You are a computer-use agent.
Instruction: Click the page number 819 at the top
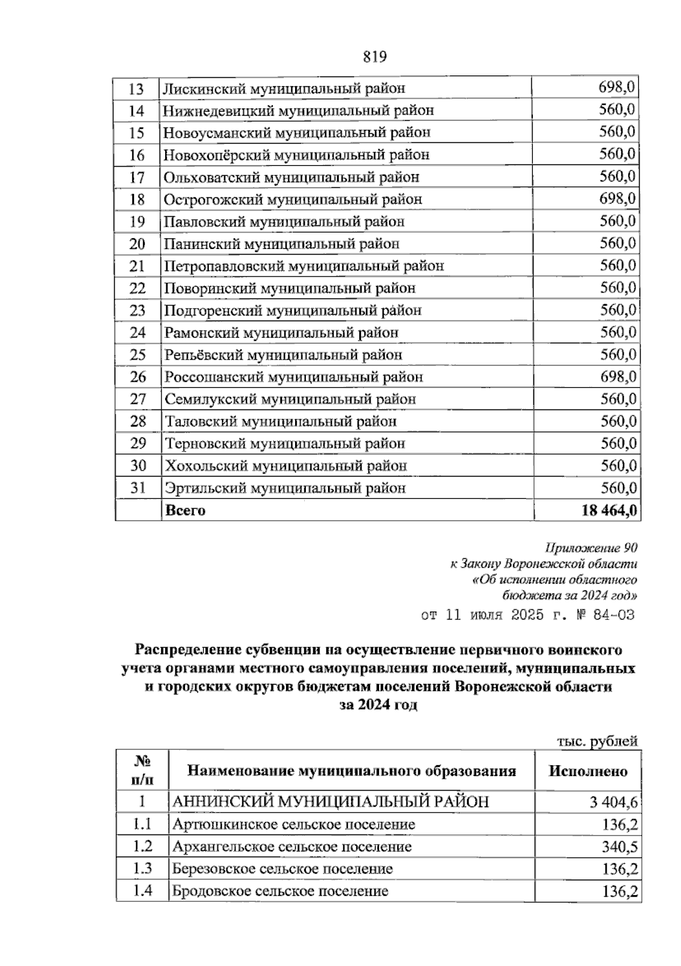(x=373, y=56)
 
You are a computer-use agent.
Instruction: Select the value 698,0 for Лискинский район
(x=617, y=87)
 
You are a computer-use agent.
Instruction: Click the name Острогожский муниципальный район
(x=293, y=199)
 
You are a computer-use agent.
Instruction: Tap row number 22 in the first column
(x=137, y=288)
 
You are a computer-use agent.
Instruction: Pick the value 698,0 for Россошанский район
(x=617, y=377)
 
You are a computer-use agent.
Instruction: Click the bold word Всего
(x=185, y=510)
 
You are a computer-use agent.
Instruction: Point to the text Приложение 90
(x=590, y=548)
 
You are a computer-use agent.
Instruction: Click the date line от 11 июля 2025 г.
(x=527, y=615)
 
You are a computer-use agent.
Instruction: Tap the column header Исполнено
(x=588, y=771)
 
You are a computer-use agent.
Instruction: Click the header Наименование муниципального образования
(x=351, y=771)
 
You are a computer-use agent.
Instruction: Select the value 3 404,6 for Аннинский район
(x=613, y=803)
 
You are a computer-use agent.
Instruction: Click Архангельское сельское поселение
(x=292, y=847)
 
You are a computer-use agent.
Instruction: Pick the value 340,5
(x=620, y=847)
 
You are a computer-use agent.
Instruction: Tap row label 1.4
(x=142, y=891)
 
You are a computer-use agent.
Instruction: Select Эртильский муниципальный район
(x=285, y=488)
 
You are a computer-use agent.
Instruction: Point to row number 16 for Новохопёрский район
(x=137, y=155)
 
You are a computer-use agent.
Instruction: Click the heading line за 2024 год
(x=378, y=705)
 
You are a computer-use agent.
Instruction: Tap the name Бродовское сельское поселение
(x=280, y=891)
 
